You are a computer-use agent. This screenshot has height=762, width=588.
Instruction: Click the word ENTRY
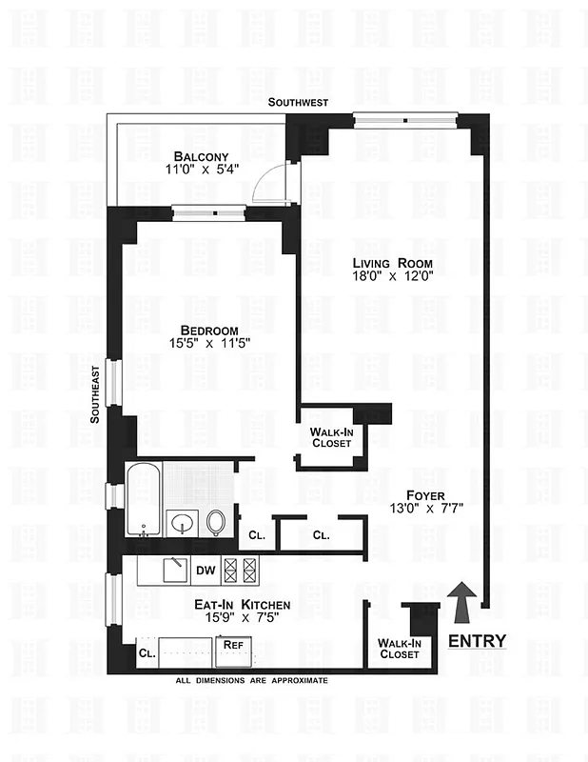tap(477, 640)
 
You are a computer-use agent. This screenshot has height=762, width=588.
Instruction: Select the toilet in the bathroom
tap(217, 520)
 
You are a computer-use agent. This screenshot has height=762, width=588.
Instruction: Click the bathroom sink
tap(180, 522)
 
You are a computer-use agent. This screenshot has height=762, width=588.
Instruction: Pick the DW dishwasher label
tap(206, 571)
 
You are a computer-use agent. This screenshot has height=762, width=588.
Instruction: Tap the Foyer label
tap(426, 494)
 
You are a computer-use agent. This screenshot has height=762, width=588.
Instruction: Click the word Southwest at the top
tap(299, 102)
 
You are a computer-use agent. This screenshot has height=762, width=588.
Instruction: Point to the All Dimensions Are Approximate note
tap(251, 681)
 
